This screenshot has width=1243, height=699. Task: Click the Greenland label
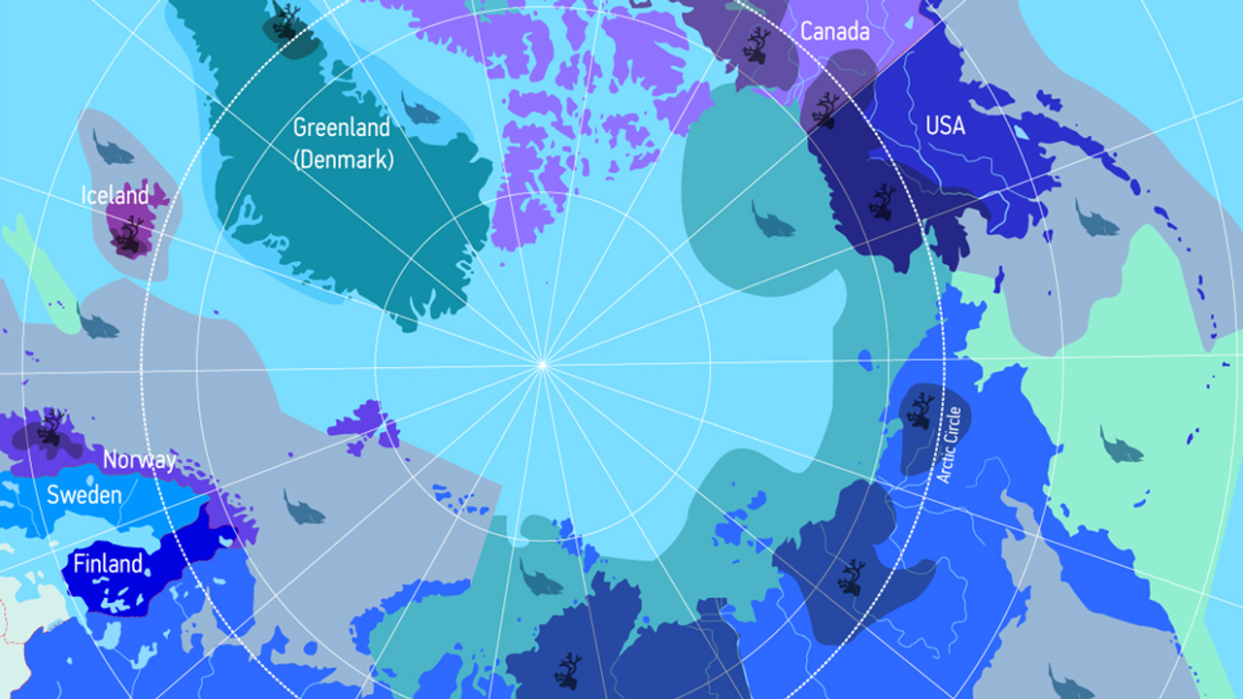pos(341,128)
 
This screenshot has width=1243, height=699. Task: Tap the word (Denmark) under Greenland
pos(345,159)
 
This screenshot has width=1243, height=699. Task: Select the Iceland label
pos(115,196)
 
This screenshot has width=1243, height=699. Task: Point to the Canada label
pos(834,32)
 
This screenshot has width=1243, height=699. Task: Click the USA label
pos(945,125)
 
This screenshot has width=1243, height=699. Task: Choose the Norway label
pos(140,460)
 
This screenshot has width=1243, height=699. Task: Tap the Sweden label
pos(84,495)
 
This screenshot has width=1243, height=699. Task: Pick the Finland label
pos(108,564)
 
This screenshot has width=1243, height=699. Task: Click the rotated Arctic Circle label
pos(949,445)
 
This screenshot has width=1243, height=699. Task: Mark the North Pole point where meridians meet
pos(542,365)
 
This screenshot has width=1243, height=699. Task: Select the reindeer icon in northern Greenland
pos(286,21)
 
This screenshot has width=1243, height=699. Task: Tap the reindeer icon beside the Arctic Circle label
pos(920,410)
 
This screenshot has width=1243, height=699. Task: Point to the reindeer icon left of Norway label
pos(51,427)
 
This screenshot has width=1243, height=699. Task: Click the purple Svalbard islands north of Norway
pos(364,424)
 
